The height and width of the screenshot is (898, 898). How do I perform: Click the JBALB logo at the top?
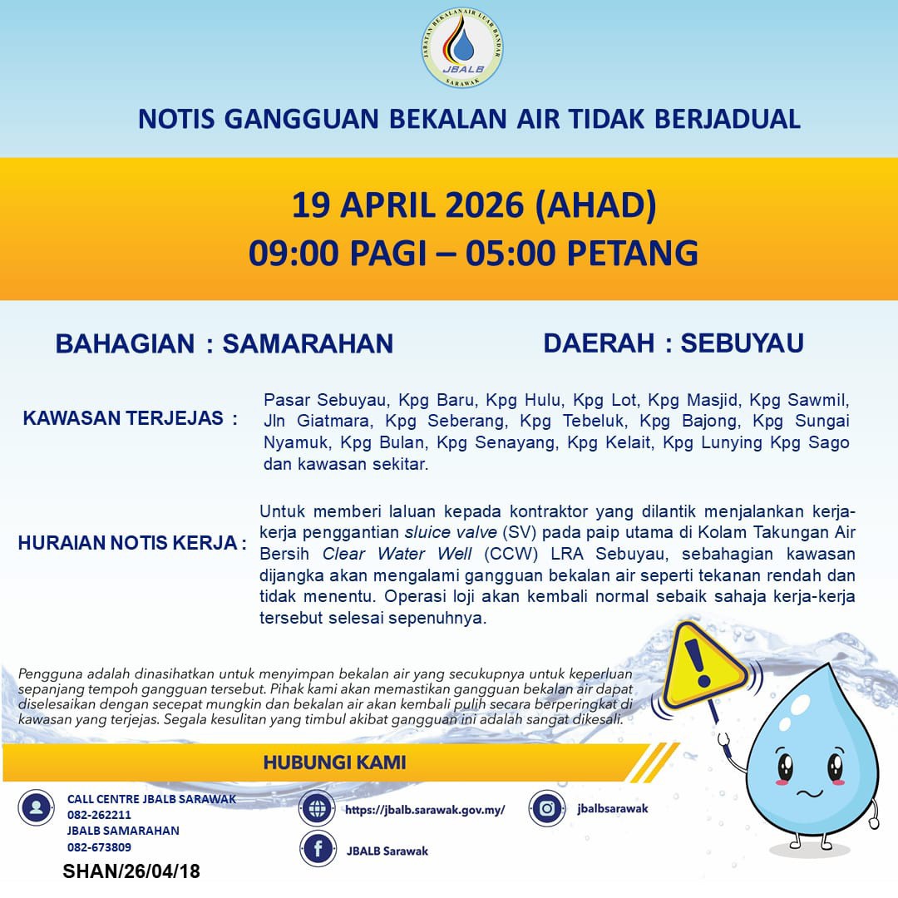(x=462, y=51)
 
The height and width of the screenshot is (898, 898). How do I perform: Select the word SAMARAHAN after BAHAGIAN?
(x=308, y=343)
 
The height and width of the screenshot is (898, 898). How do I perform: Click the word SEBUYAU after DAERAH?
(x=742, y=343)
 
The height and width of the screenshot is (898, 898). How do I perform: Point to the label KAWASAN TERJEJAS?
(x=130, y=418)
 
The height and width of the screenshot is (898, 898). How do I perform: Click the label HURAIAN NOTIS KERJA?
(x=132, y=544)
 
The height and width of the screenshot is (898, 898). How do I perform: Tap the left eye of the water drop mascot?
(x=785, y=766)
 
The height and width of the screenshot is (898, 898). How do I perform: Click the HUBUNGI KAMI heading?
(x=334, y=762)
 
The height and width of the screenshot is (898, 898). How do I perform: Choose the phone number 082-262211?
(x=99, y=815)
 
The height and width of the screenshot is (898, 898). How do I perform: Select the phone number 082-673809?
(x=99, y=847)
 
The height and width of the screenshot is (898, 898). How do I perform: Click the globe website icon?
(x=318, y=809)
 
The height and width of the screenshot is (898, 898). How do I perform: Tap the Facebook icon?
(x=318, y=850)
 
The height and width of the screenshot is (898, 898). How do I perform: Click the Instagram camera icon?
(x=547, y=808)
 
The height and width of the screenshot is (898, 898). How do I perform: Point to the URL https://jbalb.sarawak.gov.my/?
(x=424, y=809)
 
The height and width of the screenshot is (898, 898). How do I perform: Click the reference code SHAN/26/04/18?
(x=131, y=872)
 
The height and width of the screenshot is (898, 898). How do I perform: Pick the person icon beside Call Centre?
(x=36, y=808)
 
